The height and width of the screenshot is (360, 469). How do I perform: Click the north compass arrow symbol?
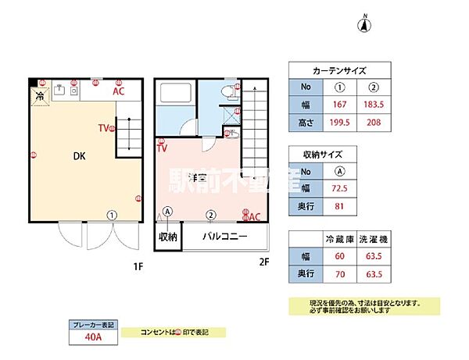pyautogui.click(x=363, y=24)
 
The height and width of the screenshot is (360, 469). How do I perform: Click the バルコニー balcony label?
pyautogui.click(x=225, y=236)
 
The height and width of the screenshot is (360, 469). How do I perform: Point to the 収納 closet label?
pyautogui.click(x=167, y=236)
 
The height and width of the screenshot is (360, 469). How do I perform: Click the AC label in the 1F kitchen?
pyautogui.click(x=119, y=91)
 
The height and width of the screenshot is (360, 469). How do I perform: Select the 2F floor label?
pyautogui.click(x=263, y=262)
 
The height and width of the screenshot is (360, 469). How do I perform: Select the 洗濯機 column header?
pyautogui.click(x=373, y=237)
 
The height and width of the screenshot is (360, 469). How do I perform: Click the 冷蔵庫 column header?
pyautogui.click(x=338, y=237)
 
